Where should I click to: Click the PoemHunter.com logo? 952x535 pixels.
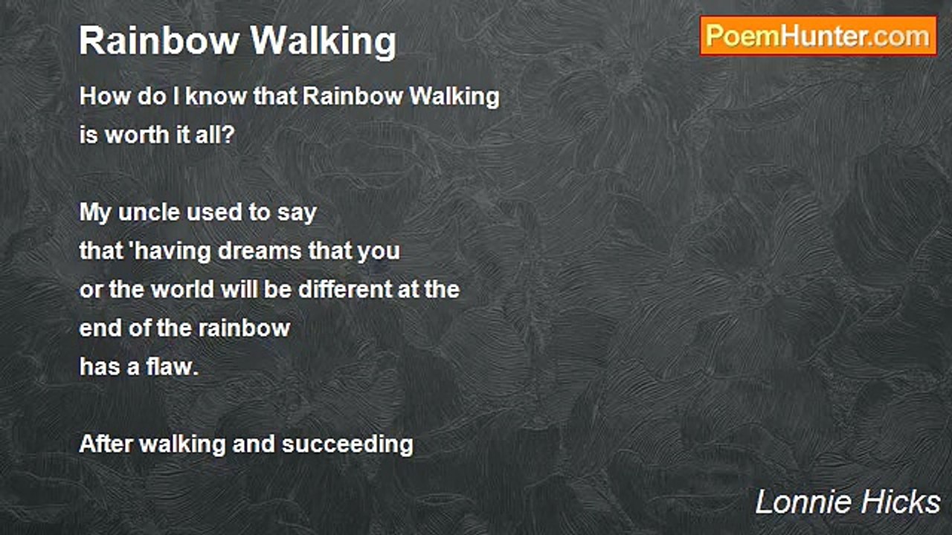click(x=818, y=36)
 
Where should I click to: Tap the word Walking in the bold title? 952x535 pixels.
click(x=324, y=42)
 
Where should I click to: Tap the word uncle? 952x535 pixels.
click(x=149, y=213)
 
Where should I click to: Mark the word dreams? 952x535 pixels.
click(x=260, y=251)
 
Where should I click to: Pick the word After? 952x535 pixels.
click(x=106, y=444)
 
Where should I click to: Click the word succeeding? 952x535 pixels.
click(x=347, y=445)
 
